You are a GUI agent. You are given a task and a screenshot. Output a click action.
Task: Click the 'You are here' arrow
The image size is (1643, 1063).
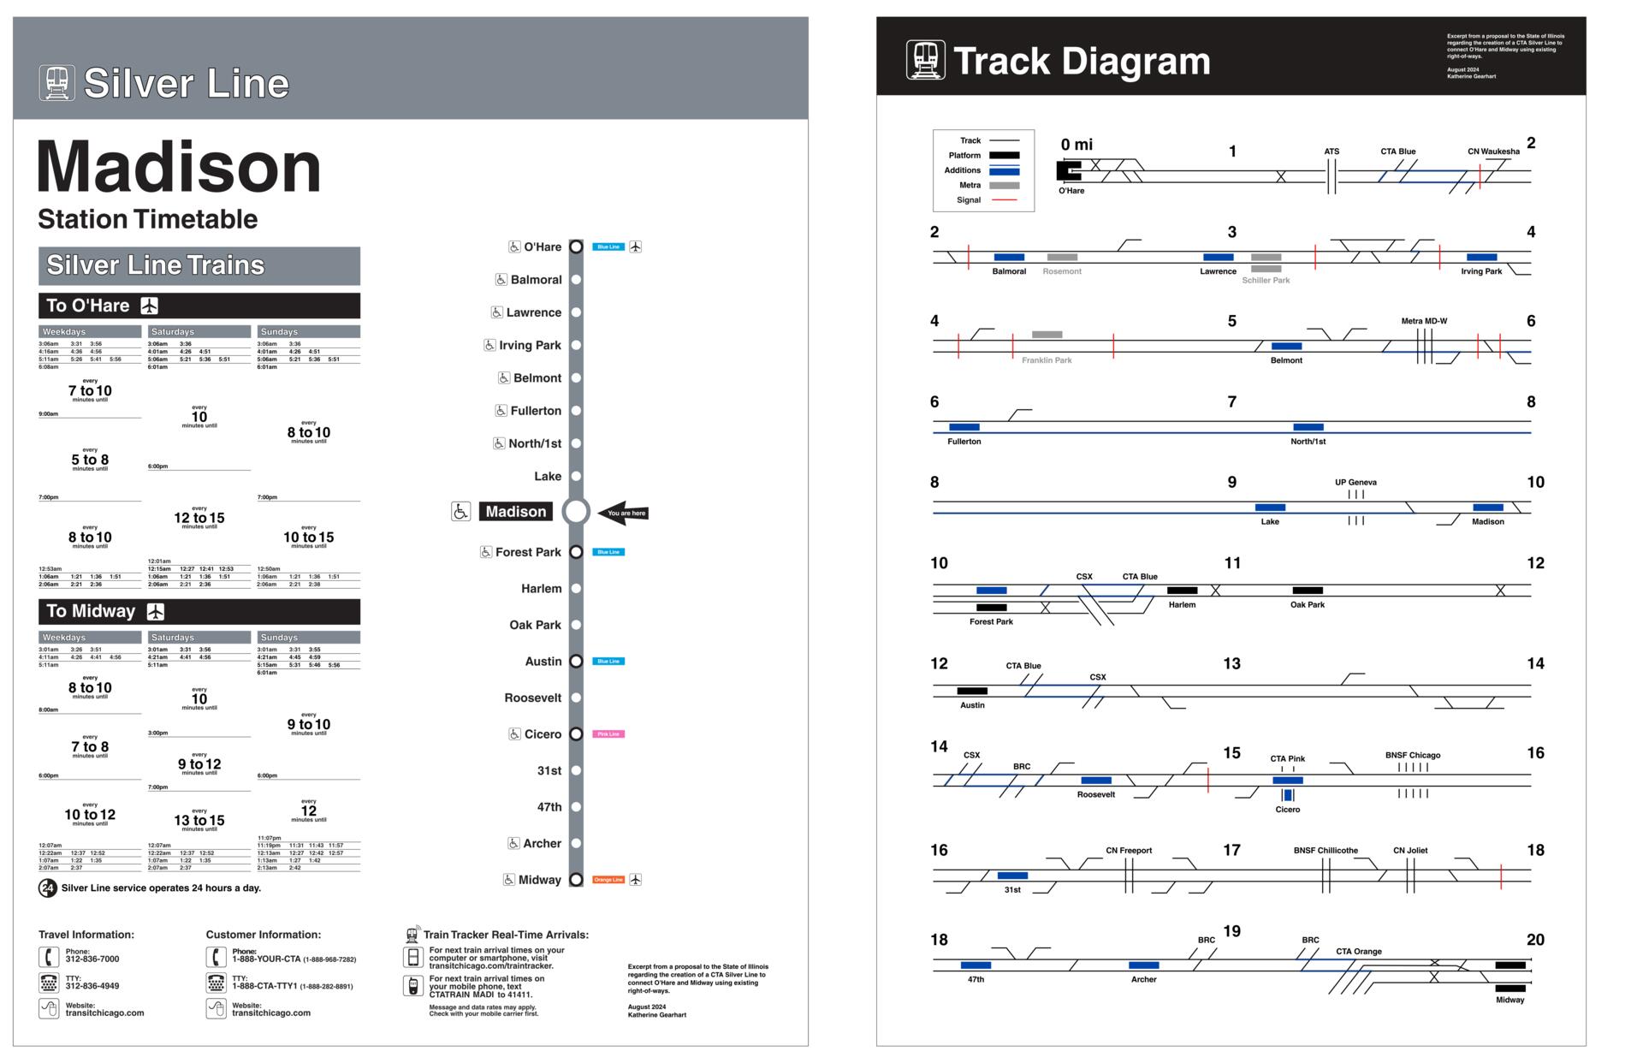click(623, 513)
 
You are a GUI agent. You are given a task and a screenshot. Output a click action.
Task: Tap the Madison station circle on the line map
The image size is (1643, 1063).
click(576, 511)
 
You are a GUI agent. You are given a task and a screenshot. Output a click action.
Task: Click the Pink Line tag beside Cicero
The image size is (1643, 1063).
click(608, 734)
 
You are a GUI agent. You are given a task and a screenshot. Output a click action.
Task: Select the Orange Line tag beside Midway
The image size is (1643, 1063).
click(608, 880)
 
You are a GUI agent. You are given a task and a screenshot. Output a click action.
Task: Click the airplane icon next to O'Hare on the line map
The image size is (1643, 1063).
click(635, 246)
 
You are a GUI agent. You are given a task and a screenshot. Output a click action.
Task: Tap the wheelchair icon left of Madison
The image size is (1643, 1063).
click(460, 511)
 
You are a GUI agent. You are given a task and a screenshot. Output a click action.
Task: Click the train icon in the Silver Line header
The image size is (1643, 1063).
click(56, 83)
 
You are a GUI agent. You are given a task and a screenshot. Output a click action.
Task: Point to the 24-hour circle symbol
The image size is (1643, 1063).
click(48, 888)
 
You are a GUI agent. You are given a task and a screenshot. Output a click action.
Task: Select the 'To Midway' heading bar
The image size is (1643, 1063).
click(199, 611)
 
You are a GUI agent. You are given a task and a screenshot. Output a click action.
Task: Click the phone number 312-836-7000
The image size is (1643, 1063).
click(92, 959)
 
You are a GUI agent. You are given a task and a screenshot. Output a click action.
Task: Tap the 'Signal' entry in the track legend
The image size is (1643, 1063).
click(969, 200)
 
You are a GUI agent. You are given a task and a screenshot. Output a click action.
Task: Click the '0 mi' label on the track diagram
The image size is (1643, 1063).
click(1077, 145)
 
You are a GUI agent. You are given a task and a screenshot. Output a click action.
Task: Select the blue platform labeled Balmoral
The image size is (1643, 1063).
click(1009, 257)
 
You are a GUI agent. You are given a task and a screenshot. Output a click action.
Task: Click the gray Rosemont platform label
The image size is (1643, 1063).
click(1062, 271)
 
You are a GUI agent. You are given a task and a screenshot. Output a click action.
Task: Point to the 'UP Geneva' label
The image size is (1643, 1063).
click(1355, 482)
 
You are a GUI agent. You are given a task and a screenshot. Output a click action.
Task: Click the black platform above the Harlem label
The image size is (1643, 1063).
click(1182, 591)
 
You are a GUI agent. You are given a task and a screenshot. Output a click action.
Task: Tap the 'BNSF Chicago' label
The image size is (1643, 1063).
click(1412, 755)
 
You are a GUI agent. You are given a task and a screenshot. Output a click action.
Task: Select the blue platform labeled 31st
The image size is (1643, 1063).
click(1012, 876)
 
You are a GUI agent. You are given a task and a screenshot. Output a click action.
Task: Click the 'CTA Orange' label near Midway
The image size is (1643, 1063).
click(1358, 952)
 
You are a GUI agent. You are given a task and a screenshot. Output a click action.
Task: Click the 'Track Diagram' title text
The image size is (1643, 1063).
click(1081, 62)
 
